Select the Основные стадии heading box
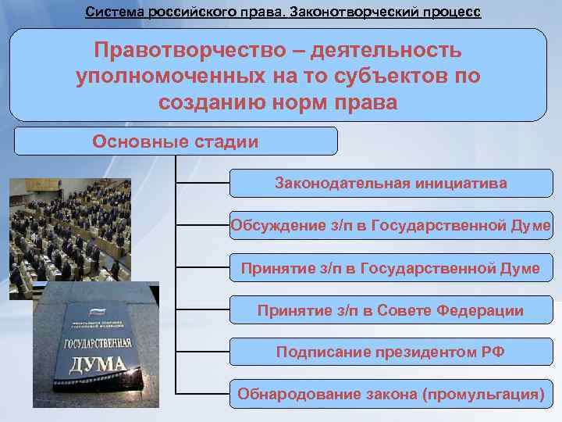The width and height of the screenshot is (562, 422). (176, 141)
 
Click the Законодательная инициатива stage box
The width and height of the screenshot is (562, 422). (390, 184)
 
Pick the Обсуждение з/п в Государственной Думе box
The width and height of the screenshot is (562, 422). (390, 226)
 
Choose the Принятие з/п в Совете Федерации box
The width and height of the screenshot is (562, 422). (390, 310)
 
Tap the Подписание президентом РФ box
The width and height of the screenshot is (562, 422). (390, 352)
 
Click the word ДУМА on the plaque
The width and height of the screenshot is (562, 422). (98, 363)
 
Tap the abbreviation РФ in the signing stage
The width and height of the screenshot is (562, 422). (493, 352)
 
